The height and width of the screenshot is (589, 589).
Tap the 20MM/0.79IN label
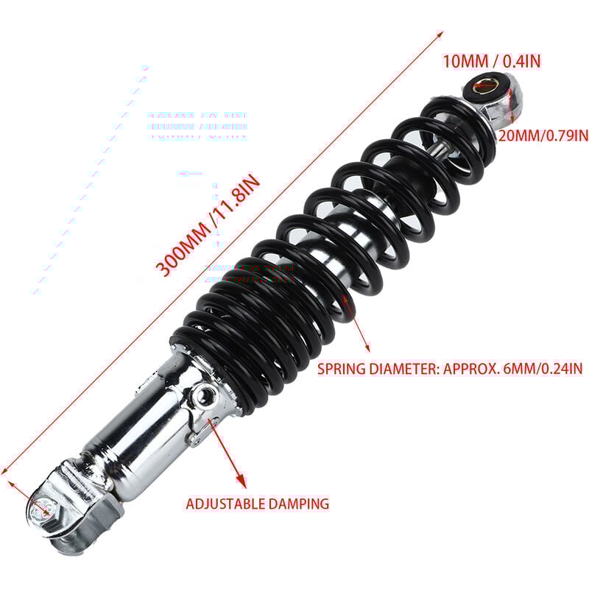pyautogui.click(x=543, y=135)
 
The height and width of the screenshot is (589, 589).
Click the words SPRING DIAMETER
pyautogui.click(x=378, y=368)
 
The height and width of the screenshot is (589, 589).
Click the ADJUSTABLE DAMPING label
pyautogui.click(x=257, y=504)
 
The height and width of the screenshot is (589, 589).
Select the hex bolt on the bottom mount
pyautogui.click(x=43, y=508)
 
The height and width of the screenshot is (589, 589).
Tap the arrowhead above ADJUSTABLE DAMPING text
pyautogui.click(x=241, y=482)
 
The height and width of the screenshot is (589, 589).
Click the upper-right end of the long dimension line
pyautogui.click(x=442, y=32)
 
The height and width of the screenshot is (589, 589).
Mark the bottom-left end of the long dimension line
pyautogui.click(x=4, y=473)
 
